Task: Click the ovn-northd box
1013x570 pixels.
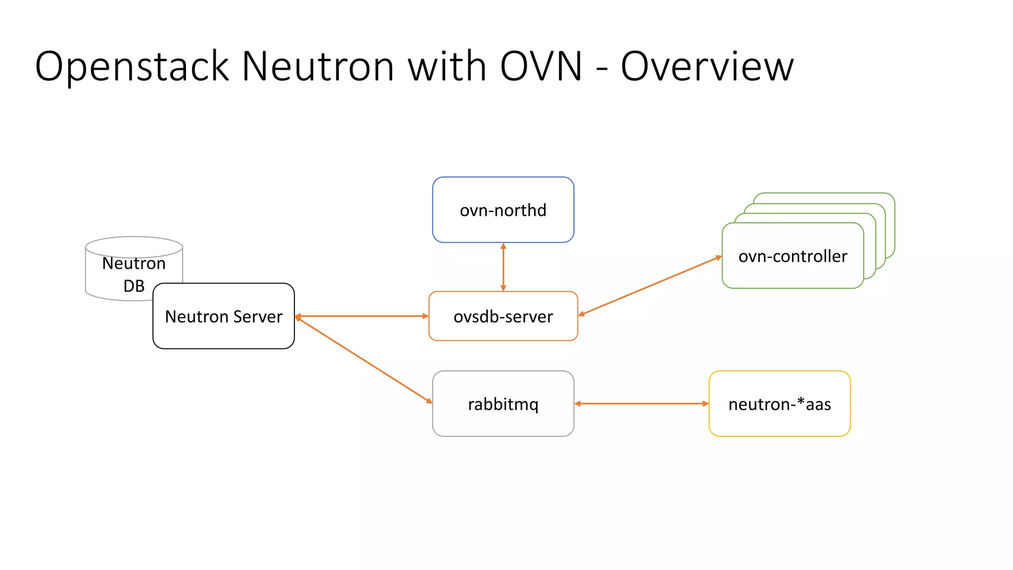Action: (503, 210)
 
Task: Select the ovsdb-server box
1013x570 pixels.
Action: (503, 316)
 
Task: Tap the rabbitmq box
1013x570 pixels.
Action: (503, 404)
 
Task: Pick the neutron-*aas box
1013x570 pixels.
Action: (780, 404)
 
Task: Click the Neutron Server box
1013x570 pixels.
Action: (224, 316)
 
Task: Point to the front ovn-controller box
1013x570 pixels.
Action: (792, 256)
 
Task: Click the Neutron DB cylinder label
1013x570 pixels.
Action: (134, 264)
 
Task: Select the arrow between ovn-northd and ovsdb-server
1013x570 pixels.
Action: (503, 267)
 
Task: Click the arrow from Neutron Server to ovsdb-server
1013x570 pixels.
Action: (362, 316)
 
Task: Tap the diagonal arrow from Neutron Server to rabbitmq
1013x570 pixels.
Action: (364, 359)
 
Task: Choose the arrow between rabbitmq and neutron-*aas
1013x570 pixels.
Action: (642, 404)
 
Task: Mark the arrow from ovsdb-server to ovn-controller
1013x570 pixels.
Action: (650, 285)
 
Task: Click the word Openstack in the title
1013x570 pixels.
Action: (132, 67)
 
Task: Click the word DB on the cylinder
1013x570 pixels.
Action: (134, 286)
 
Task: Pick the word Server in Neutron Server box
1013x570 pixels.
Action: (258, 316)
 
